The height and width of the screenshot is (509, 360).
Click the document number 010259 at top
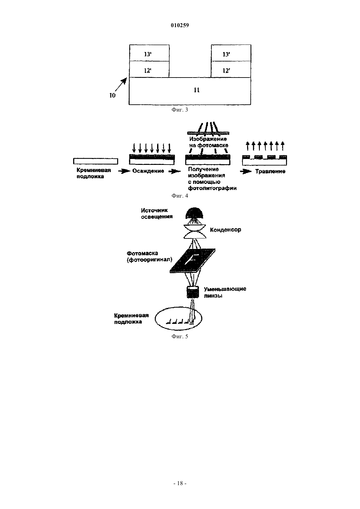(x=180, y=25)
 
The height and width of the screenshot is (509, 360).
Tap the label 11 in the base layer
(x=197, y=90)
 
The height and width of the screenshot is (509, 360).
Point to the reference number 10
(x=113, y=96)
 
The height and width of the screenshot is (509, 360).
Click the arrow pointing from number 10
(x=121, y=84)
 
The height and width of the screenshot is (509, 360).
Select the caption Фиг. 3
(x=180, y=110)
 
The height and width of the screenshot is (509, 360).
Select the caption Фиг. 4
(x=180, y=196)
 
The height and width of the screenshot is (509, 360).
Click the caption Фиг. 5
(x=180, y=336)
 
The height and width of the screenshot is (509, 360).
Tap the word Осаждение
(x=148, y=171)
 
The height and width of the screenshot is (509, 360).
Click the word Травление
(x=270, y=171)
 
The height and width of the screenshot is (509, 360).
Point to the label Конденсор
(x=225, y=230)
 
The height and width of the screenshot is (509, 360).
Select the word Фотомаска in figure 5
(x=142, y=253)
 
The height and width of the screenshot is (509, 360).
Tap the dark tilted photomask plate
(x=192, y=261)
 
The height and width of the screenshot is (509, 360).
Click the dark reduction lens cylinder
(x=193, y=292)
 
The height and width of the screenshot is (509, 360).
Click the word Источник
(x=154, y=210)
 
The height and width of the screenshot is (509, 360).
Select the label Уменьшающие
(x=225, y=289)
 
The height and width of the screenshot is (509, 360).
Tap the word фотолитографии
(x=212, y=188)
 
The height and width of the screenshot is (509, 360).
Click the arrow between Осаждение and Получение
(x=174, y=171)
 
